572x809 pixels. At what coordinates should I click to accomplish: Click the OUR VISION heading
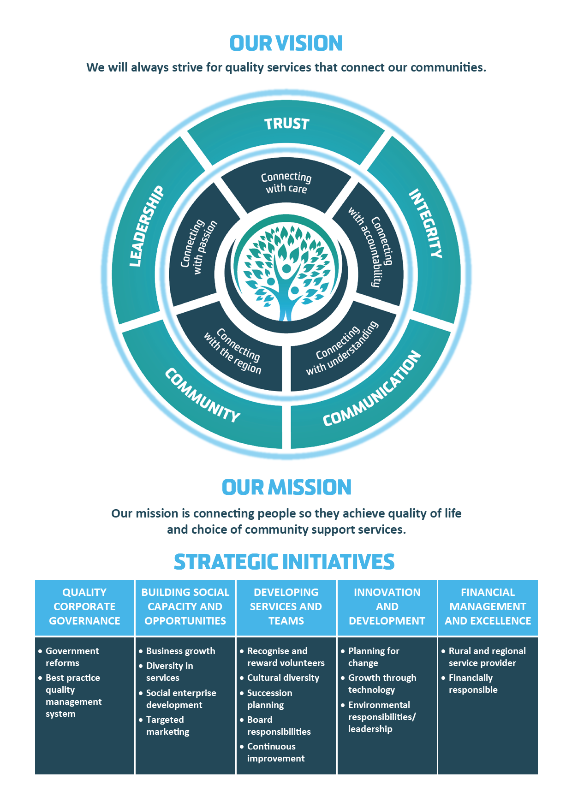(x=286, y=43)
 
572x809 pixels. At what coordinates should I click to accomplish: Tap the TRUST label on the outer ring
(x=286, y=124)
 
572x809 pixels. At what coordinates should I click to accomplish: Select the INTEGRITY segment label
(x=425, y=223)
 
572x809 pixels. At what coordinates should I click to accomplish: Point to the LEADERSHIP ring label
(x=146, y=226)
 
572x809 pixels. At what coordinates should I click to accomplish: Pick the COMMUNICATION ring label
(x=372, y=388)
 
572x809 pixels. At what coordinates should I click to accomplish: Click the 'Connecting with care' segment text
(x=286, y=183)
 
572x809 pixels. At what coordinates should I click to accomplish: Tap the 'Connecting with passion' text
(x=198, y=247)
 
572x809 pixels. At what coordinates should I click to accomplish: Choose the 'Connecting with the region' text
(x=233, y=351)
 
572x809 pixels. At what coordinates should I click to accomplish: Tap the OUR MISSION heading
(x=286, y=487)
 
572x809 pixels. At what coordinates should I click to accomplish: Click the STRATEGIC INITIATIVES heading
(x=284, y=562)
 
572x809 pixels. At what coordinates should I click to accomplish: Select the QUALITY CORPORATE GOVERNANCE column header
(x=84, y=607)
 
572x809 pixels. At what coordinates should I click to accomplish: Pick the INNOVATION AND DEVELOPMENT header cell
(x=387, y=607)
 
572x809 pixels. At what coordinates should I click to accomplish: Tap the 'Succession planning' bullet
(x=266, y=699)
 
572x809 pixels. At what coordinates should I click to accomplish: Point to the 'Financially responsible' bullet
(x=470, y=684)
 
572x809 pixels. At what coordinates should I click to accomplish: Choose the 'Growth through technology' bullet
(x=379, y=684)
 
